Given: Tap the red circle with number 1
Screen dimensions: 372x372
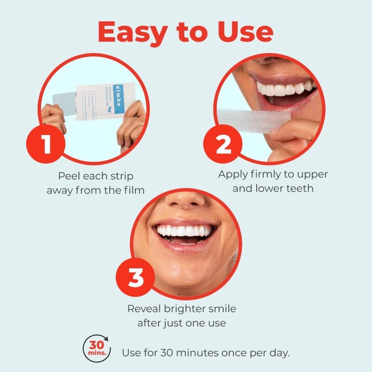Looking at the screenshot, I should tap(47, 145).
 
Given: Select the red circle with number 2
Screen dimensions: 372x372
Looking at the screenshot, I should tap(224, 145).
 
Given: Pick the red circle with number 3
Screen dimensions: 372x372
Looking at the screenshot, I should tap(135, 279).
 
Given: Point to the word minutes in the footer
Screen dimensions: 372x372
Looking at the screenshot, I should tap(202, 352).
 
